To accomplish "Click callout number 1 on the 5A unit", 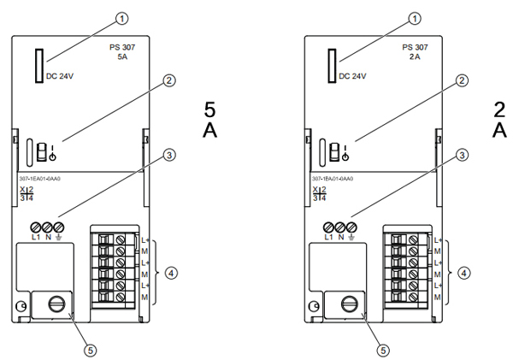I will (x=123, y=17).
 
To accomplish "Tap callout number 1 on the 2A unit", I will (x=416, y=17).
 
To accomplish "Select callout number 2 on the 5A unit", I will (x=169, y=80).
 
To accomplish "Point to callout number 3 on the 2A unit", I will (x=462, y=156).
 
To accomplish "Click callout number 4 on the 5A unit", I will (x=171, y=274).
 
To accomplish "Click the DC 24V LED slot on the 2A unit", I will (x=331, y=66).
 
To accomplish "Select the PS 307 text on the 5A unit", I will (x=122, y=48).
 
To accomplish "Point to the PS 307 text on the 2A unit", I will (x=415, y=48).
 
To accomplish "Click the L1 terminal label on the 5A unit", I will (x=35, y=237).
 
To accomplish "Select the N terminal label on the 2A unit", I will (x=340, y=237).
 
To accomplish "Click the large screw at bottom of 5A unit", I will (x=56, y=304).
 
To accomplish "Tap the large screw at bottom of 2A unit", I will (x=349, y=304).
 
